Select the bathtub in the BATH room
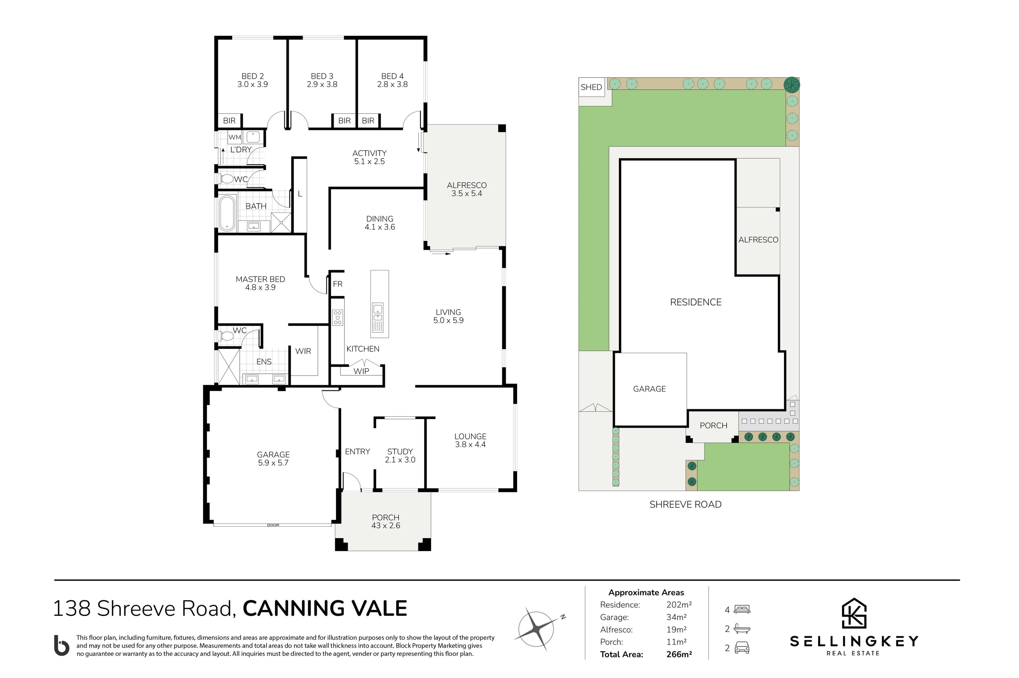tap(227, 213)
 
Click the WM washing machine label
tap(235, 138)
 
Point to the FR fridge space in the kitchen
tap(338, 284)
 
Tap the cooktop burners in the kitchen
tap(338, 317)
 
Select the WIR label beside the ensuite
tap(303, 351)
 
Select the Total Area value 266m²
tap(679, 654)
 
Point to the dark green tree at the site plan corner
tap(792, 85)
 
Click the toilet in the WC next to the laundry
tap(226, 179)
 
